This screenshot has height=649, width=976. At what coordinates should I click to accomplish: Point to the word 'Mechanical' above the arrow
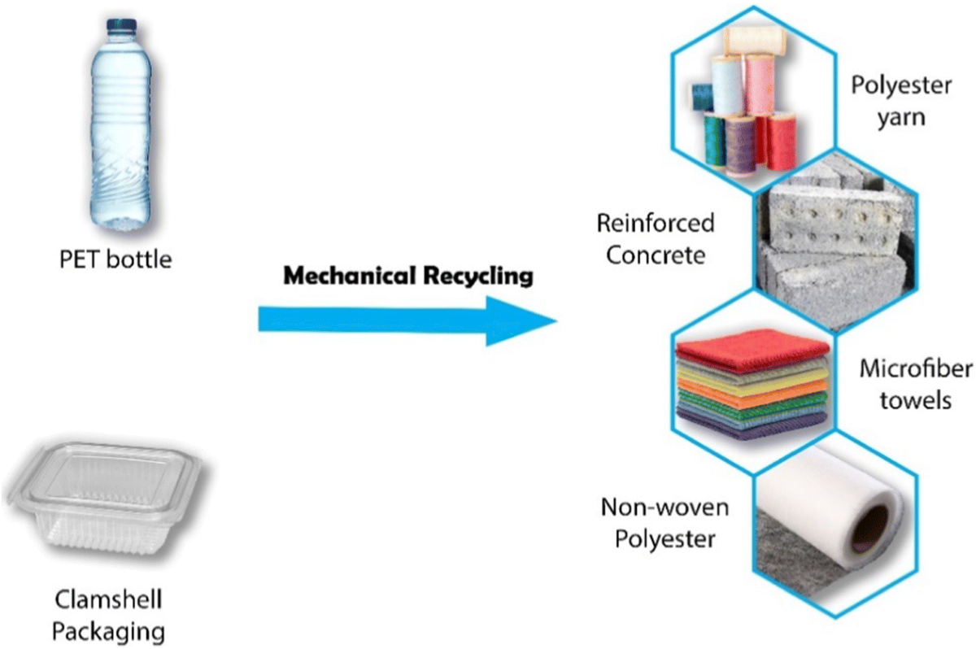point(350,277)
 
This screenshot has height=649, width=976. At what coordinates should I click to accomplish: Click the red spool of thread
point(781,138)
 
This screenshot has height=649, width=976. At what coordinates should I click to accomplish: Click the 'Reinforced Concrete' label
point(655,237)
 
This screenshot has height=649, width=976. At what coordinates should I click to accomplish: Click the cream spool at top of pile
point(748,41)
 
